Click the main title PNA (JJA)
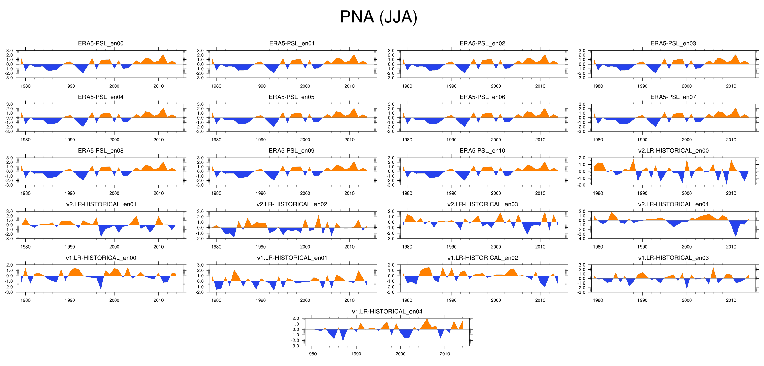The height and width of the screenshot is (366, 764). point(378,17)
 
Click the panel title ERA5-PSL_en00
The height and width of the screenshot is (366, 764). point(101,43)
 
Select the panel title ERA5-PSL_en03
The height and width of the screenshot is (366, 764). point(673,43)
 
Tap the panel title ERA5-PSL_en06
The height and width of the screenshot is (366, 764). point(482,97)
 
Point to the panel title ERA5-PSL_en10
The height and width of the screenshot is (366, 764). point(482,151)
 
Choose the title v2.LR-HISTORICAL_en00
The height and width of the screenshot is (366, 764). point(673,151)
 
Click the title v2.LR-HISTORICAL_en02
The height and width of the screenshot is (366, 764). point(292,204)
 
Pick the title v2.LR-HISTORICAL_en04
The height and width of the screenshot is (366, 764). point(673,204)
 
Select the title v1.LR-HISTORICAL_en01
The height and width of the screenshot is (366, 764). point(292,258)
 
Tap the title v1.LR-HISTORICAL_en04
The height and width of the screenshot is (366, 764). point(387,312)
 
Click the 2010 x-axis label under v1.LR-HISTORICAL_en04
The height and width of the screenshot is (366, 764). point(445,354)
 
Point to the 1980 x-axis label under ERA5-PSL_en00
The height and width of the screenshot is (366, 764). point(25,86)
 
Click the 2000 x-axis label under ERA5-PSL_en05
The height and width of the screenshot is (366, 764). point(305,140)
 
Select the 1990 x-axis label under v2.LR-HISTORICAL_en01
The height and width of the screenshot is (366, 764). point(70,247)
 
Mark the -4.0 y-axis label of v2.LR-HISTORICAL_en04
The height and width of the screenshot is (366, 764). point(582,239)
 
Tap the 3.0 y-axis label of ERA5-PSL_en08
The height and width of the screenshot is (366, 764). point(9,158)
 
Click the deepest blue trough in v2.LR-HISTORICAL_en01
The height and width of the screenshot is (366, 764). point(101,236)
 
